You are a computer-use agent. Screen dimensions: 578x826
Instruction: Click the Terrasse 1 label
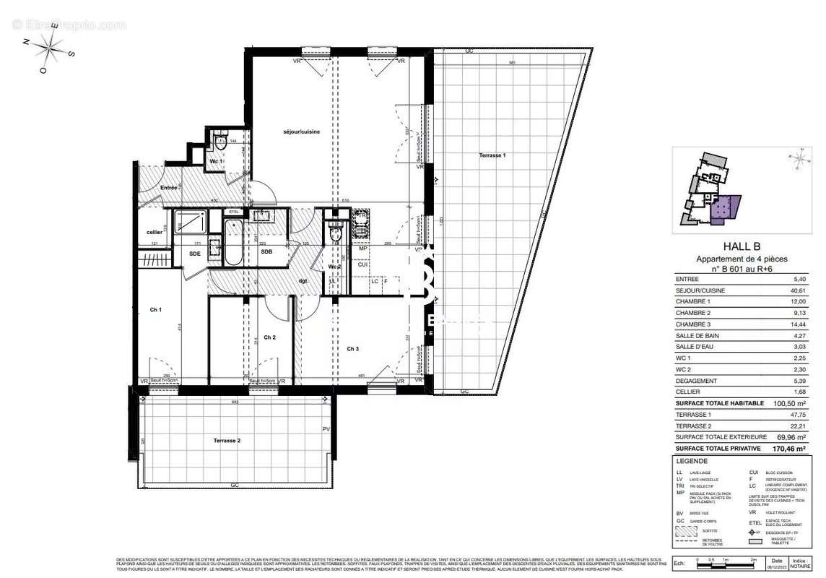493,156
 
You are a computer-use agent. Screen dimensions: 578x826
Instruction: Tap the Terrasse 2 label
227,440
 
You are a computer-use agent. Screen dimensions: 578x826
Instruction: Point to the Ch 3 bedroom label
352,350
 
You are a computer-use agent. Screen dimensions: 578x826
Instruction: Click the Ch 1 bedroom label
155,310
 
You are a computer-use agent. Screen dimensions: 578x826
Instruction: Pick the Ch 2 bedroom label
269,337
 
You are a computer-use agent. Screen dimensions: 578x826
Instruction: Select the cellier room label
154,232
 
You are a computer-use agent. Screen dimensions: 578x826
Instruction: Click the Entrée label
169,188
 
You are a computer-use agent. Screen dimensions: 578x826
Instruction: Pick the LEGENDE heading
692,461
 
